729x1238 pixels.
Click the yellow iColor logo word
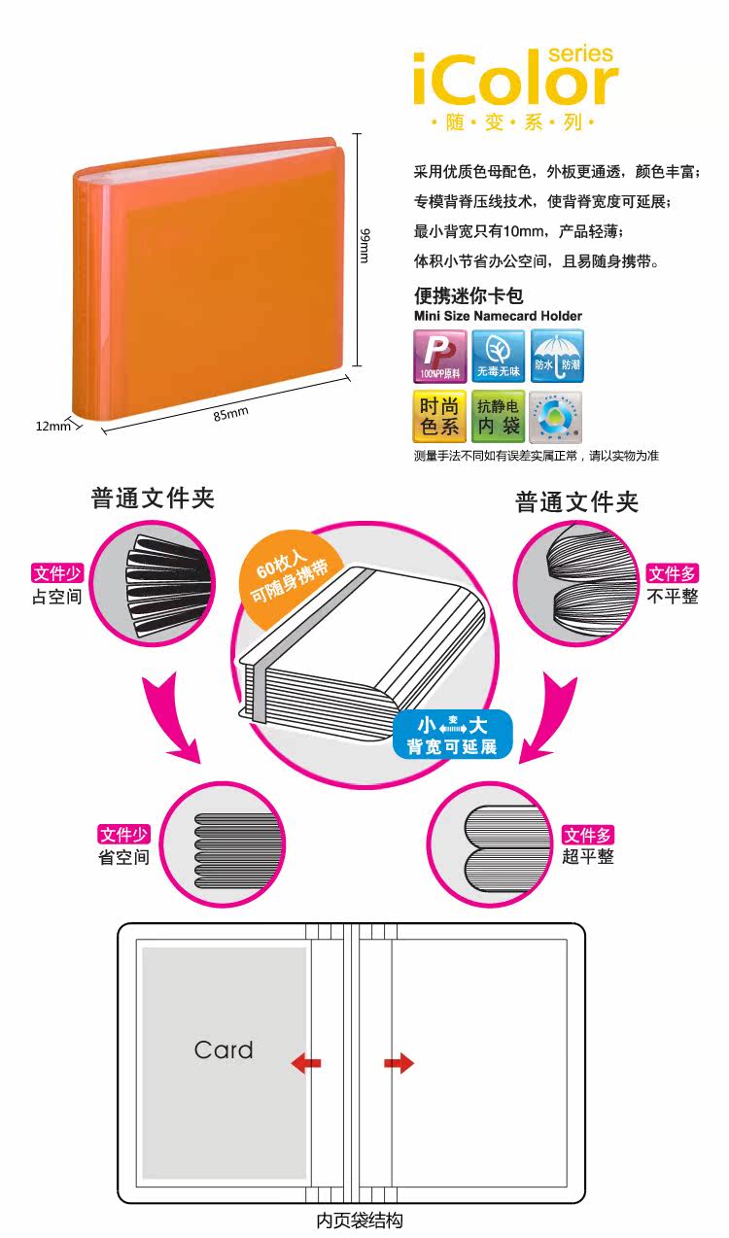coord(514,80)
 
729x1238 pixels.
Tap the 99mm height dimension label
coord(364,244)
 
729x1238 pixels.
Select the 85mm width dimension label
coord(231,413)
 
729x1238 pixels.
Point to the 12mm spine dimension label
coord(53,426)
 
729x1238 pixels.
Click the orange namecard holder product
coord(209,282)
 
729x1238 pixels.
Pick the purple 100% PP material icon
coord(439,356)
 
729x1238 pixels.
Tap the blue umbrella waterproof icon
coord(558,356)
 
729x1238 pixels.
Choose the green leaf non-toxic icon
coord(499,356)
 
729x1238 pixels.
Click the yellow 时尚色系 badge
coord(439,417)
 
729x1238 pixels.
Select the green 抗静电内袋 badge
coord(498,417)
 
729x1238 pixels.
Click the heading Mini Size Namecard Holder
coord(498,316)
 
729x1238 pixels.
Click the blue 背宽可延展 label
coord(452,736)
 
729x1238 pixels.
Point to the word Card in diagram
coord(224,1049)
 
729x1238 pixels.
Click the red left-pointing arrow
coord(306,1063)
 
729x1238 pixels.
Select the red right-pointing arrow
coord(399,1063)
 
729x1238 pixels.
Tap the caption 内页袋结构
coord(360,1221)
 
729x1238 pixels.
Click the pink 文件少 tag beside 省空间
coord(124,834)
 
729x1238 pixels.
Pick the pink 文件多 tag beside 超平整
coord(588,835)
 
